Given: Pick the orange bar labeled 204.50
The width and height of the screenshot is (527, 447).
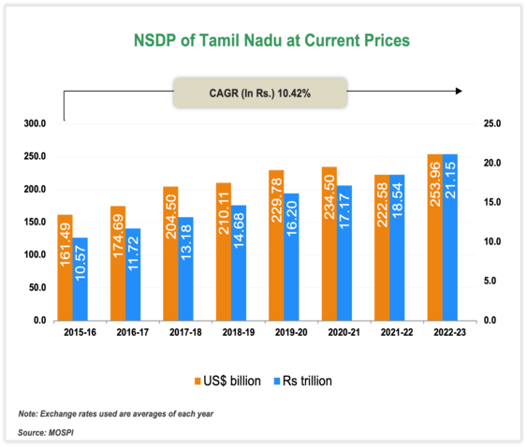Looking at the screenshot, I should pyautogui.click(x=170, y=253).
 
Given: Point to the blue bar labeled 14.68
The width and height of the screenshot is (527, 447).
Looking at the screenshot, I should pyautogui.click(x=239, y=263).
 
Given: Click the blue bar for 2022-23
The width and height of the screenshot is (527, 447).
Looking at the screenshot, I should pyautogui.click(x=450, y=238).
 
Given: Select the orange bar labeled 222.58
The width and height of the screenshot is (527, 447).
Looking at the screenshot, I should pyautogui.click(x=382, y=248).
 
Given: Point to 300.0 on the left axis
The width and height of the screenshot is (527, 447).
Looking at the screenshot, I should pyautogui.click(x=35, y=123).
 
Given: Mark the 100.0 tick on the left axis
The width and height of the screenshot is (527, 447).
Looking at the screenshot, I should pyautogui.click(x=35, y=254).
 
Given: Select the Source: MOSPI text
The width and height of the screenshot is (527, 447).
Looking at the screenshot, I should pyautogui.click(x=49, y=433).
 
